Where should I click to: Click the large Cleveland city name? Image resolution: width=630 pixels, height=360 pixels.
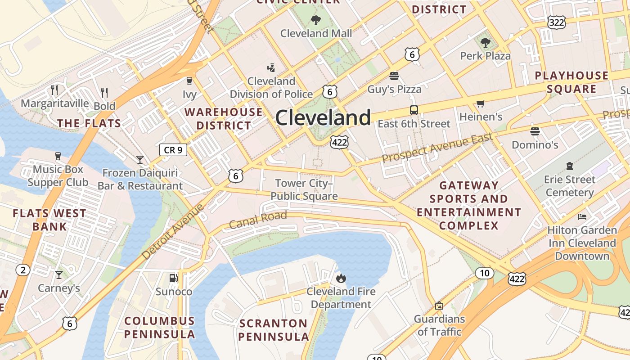pos(323,118)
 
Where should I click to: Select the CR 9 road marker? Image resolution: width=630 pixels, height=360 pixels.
pos(173,150)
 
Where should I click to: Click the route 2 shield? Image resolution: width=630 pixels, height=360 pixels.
pos(23,270)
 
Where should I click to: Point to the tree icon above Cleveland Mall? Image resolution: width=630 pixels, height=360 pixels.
pos(316,20)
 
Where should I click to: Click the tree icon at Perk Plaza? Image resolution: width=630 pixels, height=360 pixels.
pos(485,43)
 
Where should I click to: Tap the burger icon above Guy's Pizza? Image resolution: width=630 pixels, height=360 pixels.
pos(394,76)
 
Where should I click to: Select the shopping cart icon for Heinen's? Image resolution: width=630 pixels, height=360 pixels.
pos(480,104)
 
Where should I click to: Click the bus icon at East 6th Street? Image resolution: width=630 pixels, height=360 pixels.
pos(414,110)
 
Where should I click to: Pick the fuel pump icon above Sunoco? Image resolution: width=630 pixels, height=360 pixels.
pos(173,278)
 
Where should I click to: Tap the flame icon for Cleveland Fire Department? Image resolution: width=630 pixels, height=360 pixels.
pos(341,278)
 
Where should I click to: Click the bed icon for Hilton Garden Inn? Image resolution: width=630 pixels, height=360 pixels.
pos(582,217)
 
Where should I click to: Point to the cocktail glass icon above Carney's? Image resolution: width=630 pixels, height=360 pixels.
pos(58,274)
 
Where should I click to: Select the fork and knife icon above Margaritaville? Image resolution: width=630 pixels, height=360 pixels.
pos(54,90)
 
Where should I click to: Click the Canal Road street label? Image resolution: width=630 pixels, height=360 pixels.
pos(258,220)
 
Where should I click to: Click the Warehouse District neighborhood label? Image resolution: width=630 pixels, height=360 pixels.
pos(224,118)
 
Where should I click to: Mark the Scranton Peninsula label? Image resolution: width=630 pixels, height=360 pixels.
pos(273,330)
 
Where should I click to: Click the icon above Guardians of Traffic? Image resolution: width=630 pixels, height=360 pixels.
pos(439,306)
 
